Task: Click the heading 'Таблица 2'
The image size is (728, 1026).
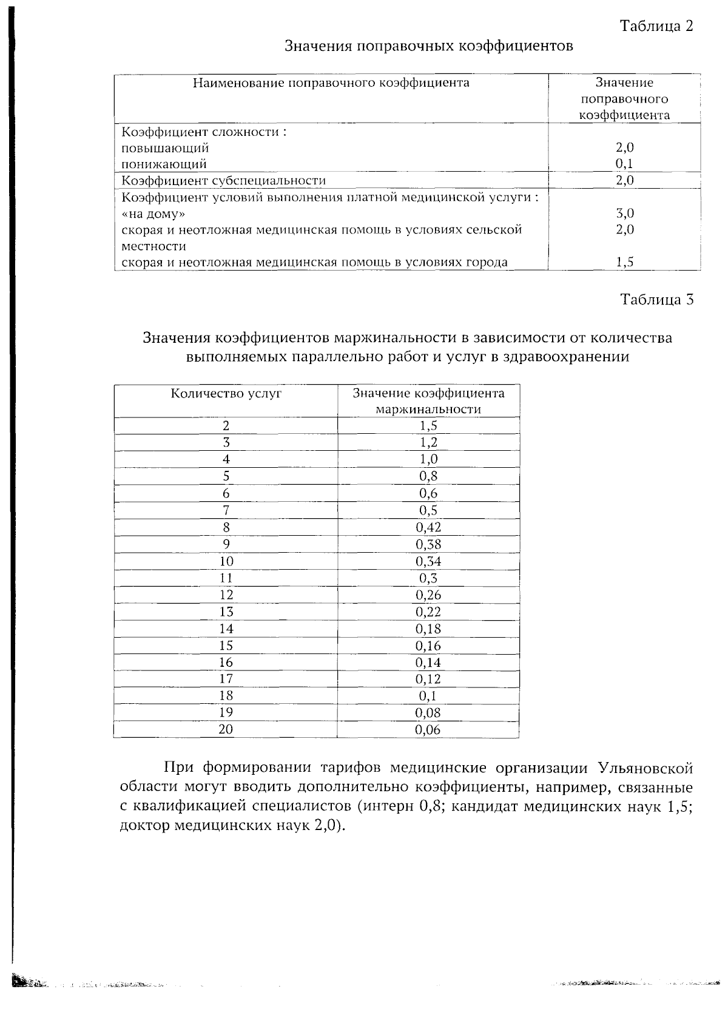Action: (656, 25)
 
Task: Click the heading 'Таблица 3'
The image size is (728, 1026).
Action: (656, 300)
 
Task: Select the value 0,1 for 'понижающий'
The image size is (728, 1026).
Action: (624, 164)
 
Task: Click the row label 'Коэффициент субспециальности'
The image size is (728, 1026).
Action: (224, 180)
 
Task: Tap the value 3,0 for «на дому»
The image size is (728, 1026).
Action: (624, 214)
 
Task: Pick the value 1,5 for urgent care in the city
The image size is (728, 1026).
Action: (624, 262)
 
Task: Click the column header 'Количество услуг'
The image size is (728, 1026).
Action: (226, 393)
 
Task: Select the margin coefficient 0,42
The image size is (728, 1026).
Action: (428, 527)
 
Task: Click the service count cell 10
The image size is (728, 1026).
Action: (226, 561)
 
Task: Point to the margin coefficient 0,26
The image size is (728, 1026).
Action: (428, 595)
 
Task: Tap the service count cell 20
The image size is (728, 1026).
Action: (226, 729)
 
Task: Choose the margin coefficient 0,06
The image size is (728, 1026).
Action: (428, 730)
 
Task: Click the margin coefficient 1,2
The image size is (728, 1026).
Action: (428, 442)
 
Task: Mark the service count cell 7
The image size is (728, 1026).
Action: (226, 510)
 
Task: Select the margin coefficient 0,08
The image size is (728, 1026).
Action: (428, 713)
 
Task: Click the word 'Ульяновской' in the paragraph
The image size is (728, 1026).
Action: (645, 768)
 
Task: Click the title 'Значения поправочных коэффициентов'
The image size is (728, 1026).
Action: (428, 46)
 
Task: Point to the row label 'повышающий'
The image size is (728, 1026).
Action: (165, 148)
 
